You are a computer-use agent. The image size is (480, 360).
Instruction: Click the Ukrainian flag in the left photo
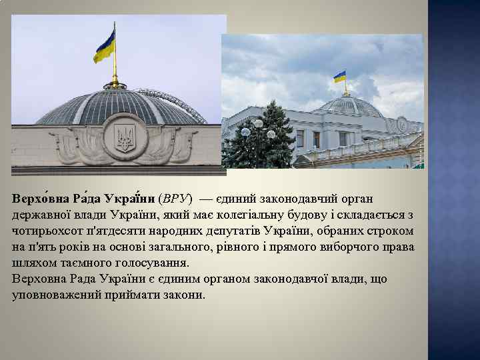click(105, 46)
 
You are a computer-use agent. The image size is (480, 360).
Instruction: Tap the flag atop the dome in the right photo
click(340, 77)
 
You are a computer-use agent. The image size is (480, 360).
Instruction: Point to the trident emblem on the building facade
click(125, 138)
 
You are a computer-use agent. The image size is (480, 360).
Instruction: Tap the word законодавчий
click(267, 199)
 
